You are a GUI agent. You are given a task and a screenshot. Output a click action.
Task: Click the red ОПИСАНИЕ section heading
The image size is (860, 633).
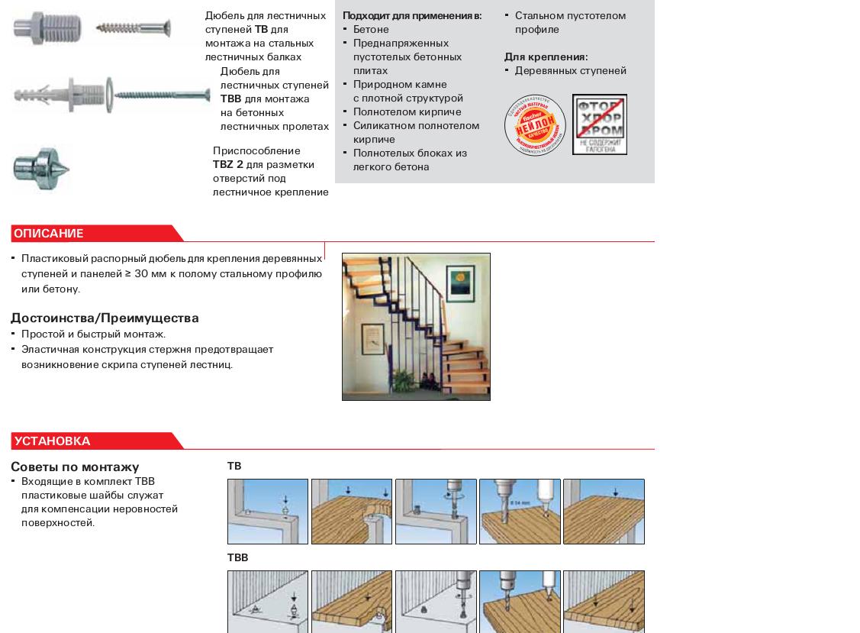[49, 234]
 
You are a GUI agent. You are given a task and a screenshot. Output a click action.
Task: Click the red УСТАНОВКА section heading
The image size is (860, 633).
[53, 441]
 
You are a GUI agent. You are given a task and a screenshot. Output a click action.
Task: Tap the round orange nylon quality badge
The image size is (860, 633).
[535, 125]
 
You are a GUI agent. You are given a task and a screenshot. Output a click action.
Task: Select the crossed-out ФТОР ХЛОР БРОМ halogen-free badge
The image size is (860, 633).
[600, 124]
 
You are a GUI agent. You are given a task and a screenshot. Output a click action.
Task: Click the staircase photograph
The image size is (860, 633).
[416, 327]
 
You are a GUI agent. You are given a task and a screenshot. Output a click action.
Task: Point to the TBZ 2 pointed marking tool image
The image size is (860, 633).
[41, 168]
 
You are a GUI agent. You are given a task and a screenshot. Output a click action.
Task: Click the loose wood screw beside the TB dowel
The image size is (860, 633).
[134, 29]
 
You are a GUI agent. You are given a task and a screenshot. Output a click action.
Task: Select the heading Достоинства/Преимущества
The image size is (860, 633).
[105, 318]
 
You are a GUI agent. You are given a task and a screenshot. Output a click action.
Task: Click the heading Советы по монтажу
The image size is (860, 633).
[75, 467]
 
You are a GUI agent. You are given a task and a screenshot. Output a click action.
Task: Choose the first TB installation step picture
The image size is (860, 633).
[268, 512]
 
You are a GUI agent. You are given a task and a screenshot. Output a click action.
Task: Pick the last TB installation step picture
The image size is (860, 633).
[604, 512]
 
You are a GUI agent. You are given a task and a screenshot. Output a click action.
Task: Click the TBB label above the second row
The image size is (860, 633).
[237, 558]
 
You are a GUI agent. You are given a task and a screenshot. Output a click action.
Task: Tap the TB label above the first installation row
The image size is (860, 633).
[234, 467]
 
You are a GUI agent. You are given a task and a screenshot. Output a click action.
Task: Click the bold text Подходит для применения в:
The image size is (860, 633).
[412, 16]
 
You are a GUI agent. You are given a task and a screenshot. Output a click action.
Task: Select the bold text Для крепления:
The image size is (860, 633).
[546, 57]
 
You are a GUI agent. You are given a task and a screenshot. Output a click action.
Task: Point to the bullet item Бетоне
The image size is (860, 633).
[371, 30]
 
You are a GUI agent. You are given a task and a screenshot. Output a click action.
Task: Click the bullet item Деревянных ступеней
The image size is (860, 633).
[570, 71]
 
